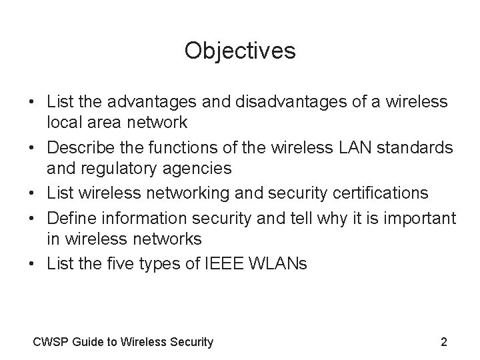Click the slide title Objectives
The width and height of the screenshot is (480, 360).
click(x=240, y=51)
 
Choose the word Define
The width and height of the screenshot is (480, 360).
click(x=71, y=217)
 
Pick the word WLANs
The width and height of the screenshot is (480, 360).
click(x=280, y=264)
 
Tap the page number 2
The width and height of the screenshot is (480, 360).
click(x=444, y=342)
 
